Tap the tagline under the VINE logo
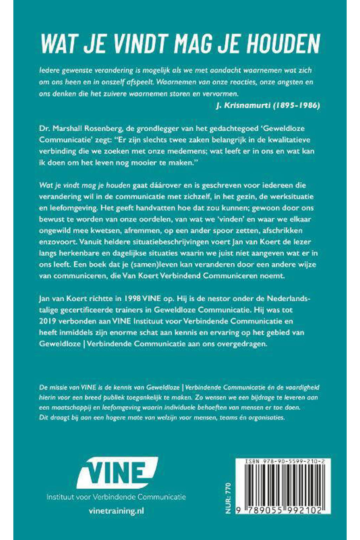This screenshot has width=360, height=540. [116, 497]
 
